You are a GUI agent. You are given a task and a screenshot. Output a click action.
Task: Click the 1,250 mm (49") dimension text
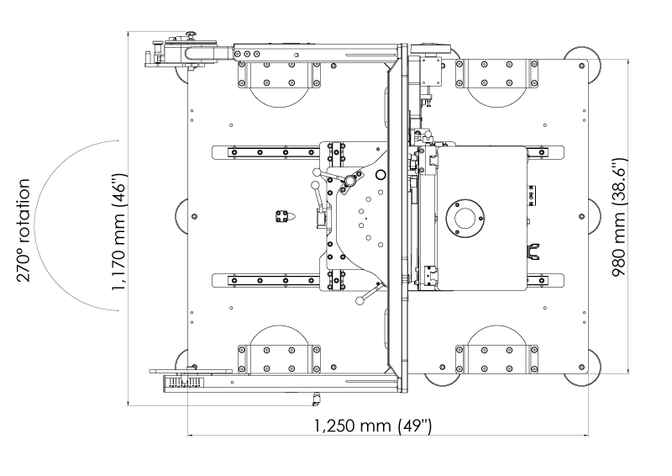(x=373, y=426)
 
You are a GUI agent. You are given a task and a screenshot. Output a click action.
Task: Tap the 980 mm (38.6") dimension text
(x=620, y=218)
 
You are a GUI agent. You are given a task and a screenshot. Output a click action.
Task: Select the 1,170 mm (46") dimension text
(x=118, y=232)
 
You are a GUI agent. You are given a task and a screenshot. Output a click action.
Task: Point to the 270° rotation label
(x=24, y=230)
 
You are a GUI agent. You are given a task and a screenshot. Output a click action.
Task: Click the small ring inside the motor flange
(x=465, y=218)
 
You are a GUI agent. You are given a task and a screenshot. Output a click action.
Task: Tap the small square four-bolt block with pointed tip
(x=284, y=216)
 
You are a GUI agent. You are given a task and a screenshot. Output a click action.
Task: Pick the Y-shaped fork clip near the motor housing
(x=533, y=251)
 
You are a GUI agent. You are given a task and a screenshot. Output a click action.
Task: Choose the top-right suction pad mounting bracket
(x=496, y=74)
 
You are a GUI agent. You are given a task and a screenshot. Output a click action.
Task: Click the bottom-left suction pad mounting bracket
(x=279, y=359)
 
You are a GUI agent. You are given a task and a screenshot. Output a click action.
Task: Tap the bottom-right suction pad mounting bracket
(x=496, y=359)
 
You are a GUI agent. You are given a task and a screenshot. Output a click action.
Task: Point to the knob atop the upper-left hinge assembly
(x=190, y=34)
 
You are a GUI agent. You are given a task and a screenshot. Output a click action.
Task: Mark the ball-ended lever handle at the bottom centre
(x=369, y=294)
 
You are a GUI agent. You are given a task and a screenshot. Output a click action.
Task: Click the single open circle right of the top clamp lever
(x=381, y=175)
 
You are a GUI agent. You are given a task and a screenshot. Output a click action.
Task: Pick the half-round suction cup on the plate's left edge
(x=181, y=216)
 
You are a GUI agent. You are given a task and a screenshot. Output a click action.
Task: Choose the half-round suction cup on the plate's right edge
(x=595, y=216)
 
